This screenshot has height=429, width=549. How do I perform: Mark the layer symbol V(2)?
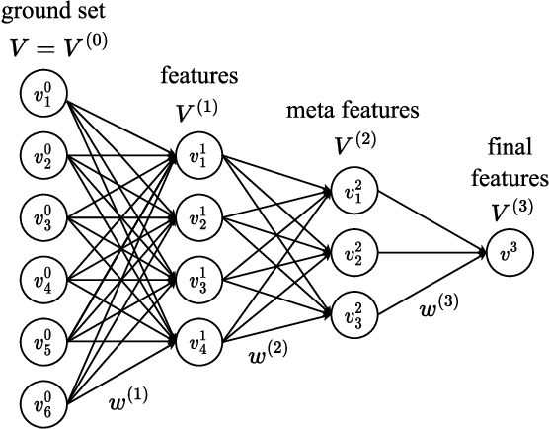coord(353,146)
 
